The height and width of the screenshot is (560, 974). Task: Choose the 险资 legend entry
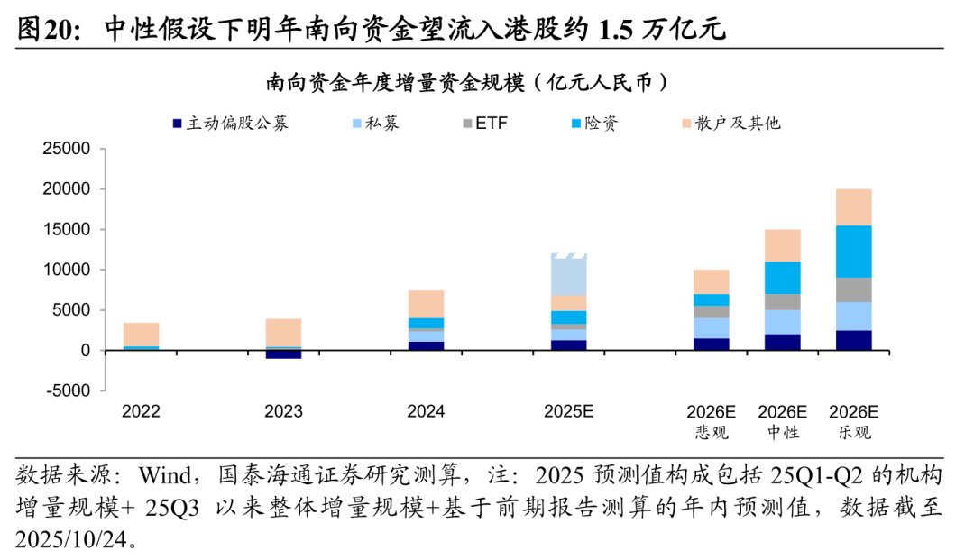coord(601,123)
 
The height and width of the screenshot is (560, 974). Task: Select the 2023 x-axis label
coord(283,412)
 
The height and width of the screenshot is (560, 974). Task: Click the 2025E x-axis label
coord(568,412)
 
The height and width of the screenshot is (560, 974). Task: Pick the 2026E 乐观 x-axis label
coord(853,421)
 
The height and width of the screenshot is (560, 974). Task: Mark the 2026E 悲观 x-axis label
coord(711,421)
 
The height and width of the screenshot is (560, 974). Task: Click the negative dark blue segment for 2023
coord(283,354)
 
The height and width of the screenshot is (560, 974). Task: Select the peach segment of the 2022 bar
coord(142,334)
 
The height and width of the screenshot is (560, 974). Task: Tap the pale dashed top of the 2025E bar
coord(568,274)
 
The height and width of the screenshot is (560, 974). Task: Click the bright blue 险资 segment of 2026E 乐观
coord(853,251)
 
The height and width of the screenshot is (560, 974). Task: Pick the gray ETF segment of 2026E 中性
coord(782,302)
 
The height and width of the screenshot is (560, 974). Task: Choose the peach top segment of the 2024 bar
coord(426,304)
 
